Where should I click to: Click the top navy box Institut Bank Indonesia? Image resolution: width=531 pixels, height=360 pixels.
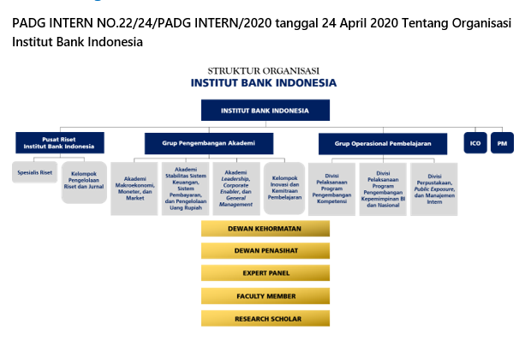point(265,111)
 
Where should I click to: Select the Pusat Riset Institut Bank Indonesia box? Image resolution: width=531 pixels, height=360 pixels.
point(60,142)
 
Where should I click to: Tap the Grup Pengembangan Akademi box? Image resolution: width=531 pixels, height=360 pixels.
point(209,143)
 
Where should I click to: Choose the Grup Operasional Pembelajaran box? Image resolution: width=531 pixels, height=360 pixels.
point(383,144)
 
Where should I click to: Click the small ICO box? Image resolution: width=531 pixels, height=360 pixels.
point(475,143)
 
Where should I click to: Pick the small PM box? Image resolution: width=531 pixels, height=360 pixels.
point(502,143)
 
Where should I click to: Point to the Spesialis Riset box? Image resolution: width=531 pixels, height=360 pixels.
point(34,172)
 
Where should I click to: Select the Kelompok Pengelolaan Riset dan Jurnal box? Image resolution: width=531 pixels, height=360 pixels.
point(84,183)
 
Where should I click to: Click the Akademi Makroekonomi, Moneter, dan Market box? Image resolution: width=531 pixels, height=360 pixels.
point(134,189)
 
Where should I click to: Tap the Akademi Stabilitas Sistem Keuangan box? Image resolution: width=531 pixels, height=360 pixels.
point(185,189)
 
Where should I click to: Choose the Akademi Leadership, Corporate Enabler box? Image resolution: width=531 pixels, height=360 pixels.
point(236,189)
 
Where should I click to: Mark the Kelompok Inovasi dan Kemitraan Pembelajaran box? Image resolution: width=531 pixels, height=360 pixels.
point(284,188)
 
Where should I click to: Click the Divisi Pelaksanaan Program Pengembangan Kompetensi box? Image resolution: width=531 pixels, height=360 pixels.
point(331,189)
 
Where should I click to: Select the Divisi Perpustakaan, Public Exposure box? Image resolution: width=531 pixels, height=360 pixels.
point(434,189)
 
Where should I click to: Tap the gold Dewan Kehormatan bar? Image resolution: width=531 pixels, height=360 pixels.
point(265,229)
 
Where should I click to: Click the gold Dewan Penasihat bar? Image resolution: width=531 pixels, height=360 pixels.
point(265,251)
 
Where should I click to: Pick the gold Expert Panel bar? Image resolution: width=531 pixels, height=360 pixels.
point(265,273)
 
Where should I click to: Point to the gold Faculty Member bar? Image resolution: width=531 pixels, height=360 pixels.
point(265,296)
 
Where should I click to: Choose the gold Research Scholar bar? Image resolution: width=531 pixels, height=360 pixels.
point(265,319)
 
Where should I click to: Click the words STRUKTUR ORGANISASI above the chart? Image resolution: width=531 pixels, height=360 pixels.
point(264,71)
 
